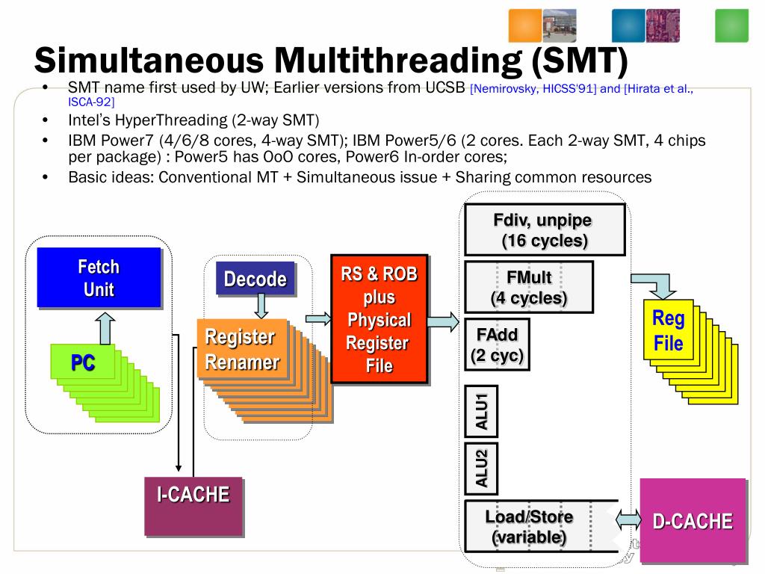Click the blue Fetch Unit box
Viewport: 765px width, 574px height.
[x=99, y=277]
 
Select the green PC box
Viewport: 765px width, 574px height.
[x=83, y=363]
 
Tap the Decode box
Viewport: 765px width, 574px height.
[x=255, y=279]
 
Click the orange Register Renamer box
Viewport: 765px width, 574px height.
[x=240, y=349]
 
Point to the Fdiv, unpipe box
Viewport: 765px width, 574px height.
[x=545, y=231]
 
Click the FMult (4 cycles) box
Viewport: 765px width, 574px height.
[x=528, y=287]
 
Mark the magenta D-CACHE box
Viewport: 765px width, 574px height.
[x=693, y=520]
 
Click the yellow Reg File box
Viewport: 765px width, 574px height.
[x=668, y=330]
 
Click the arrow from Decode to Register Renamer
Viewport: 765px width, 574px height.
[x=261, y=305]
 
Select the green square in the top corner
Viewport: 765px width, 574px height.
[x=731, y=25]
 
